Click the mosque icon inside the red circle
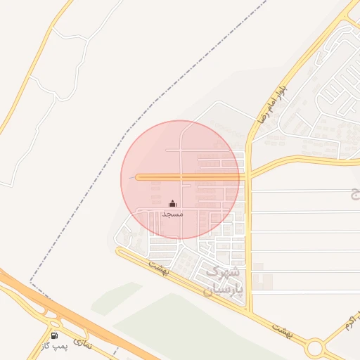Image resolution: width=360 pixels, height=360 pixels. click(173, 203)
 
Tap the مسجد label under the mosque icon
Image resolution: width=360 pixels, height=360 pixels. click(172, 213)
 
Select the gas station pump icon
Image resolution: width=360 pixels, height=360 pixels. click(56, 335)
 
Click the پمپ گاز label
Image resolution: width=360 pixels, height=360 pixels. click(53, 347)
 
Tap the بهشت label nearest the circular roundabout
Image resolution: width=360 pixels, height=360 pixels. click(282, 328)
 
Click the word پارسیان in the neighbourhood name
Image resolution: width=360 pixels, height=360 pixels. click(227, 288)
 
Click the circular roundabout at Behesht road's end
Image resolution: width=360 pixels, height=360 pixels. click(315, 347)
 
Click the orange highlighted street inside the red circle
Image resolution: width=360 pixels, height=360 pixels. click(190, 177)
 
